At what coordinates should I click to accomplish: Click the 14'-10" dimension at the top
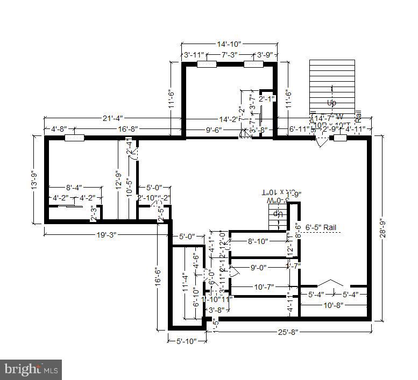[229, 44]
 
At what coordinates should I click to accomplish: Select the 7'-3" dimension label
[229, 55]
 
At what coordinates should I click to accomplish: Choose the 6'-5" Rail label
[321, 228]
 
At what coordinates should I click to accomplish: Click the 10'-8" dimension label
[334, 305]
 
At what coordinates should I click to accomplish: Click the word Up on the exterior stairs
[332, 102]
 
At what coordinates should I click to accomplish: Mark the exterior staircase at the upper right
[332, 86]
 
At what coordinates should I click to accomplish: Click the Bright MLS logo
[31, 369]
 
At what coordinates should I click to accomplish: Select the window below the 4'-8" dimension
[74, 138]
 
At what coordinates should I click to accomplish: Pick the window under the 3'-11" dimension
[207, 64]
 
